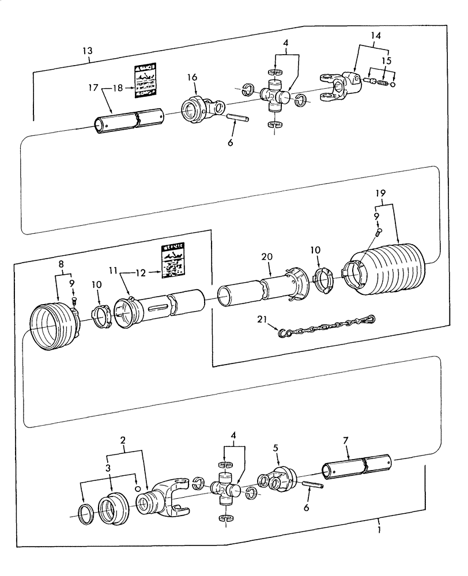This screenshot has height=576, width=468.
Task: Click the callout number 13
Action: pyautogui.click(x=87, y=51)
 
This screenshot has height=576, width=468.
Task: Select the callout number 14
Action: pyautogui.click(x=375, y=36)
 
